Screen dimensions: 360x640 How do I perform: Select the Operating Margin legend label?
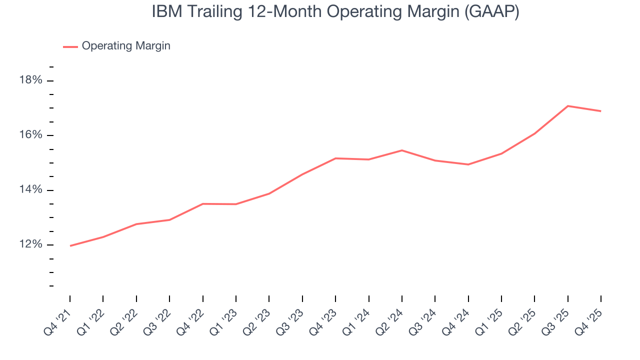126,46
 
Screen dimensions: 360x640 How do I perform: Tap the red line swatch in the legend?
70,46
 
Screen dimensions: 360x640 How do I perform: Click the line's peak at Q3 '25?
567,106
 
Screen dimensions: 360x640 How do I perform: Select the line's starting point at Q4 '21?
70,246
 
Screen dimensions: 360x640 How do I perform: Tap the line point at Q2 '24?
402,150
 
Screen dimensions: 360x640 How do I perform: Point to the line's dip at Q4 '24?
468,164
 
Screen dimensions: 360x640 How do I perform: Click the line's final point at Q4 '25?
600,111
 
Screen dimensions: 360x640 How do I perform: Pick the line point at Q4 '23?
335,158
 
